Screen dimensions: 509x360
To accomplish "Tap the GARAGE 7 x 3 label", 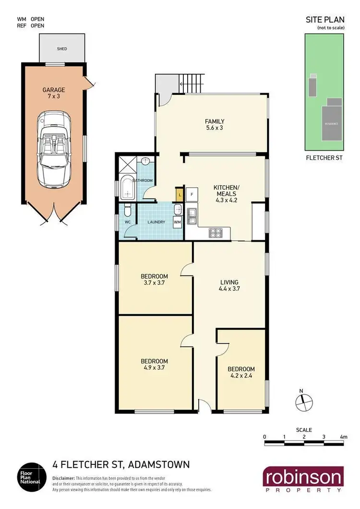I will click(x=53, y=93).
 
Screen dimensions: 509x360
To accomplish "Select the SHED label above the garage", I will click(x=62, y=48).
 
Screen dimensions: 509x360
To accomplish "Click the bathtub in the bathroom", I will click(x=128, y=188).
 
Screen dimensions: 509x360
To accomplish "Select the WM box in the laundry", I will click(x=177, y=222).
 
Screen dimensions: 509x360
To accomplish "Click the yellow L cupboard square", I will click(x=180, y=194).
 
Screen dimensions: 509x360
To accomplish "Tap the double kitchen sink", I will click(x=193, y=217).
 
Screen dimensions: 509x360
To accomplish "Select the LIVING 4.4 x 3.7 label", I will click(x=228, y=285).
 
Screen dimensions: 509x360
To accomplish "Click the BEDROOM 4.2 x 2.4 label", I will click(x=241, y=372).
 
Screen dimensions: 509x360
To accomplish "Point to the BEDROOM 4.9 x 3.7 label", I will click(x=154, y=365).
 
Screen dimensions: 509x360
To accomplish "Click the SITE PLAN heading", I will click(x=324, y=20).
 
